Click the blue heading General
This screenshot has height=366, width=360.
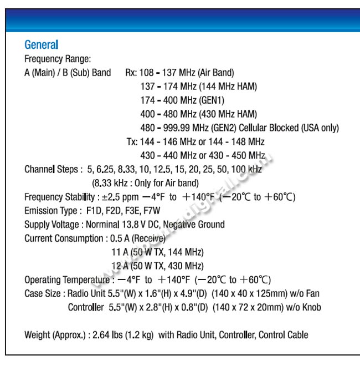[x=42, y=45]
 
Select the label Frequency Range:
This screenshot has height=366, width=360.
[x=58, y=59]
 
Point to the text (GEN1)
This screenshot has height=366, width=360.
[x=208, y=100]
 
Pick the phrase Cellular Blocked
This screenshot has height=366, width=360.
[x=266, y=128]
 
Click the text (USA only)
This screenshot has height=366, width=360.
[x=320, y=128]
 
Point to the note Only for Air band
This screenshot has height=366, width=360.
[x=163, y=183]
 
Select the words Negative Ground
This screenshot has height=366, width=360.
[x=194, y=225]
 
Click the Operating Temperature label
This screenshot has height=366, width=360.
[x=65, y=279]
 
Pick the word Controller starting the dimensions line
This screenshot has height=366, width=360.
[x=86, y=307]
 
